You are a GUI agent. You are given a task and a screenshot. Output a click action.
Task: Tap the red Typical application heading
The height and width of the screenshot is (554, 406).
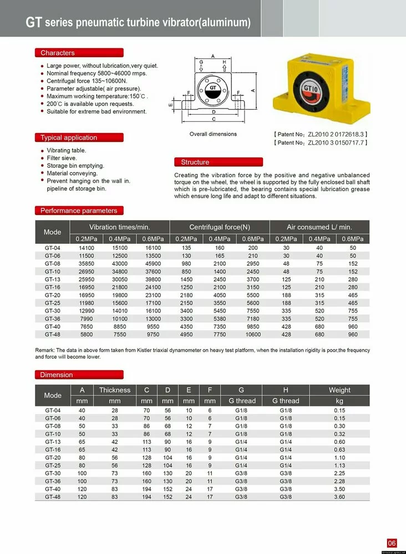pyautogui.click(x=69, y=137)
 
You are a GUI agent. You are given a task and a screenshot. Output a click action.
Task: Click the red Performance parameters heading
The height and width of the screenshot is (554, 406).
pyautogui.click(x=79, y=211)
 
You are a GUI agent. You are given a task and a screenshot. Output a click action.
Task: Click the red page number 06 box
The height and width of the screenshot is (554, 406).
pyautogui.click(x=392, y=543)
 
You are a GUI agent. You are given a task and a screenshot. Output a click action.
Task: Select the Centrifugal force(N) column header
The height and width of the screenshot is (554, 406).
pyautogui.click(x=220, y=227)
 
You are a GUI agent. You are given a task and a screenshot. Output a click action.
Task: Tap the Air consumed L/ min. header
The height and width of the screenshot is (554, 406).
pyautogui.click(x=319, y=227)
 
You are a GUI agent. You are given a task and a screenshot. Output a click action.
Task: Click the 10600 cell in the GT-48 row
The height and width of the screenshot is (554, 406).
pyautogui.click(x=253, y=335)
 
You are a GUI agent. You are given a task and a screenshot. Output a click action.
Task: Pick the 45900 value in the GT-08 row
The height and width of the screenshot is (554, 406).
pyautogui.click(x=153, y=264)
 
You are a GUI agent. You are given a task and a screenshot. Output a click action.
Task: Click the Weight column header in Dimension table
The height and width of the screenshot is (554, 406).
pyautogui.click(x=339, y=390)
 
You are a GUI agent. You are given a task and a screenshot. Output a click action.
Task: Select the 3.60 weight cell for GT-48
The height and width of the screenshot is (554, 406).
pyautogui.click(x=339, y=497)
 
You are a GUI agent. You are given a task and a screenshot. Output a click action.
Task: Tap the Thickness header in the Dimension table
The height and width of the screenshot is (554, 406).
pyautogui.click(x=115, y=390)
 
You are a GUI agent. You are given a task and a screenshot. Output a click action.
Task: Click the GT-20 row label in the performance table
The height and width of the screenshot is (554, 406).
pyautogui.click(x=53, y=296)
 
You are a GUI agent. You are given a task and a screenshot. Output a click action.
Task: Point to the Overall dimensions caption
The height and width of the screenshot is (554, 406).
pyautogui.click(x=213, y=134)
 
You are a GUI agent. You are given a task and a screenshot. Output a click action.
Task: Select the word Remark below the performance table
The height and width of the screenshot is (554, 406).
pyautogui.click(x=46, y=351)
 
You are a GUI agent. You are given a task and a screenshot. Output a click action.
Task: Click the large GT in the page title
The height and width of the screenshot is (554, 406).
pyautogui.click(x=34, y=22)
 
